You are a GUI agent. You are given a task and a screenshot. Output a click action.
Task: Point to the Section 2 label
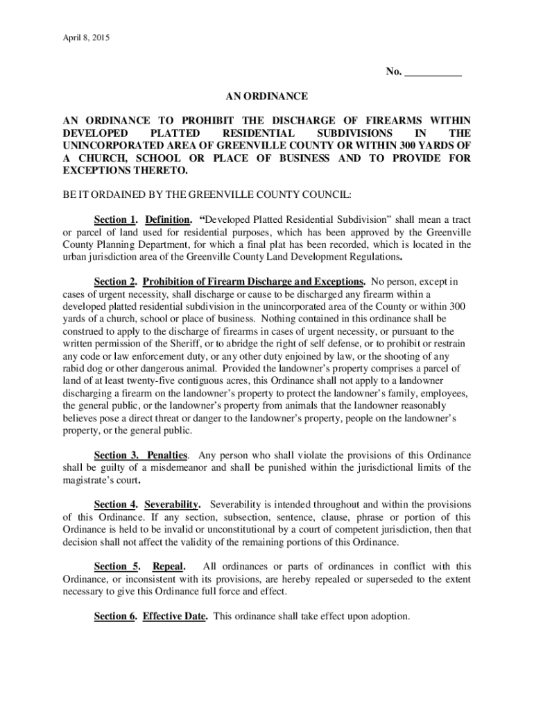[115, 282]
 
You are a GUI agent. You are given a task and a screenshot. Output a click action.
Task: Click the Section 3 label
[115, 455]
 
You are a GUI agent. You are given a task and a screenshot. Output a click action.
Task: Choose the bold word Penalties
[167, 455]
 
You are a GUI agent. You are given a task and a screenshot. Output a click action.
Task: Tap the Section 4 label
[115, 505]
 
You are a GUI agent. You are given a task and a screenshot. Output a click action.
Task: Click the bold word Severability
[173, 505]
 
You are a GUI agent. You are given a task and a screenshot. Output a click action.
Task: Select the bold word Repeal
[168, 567]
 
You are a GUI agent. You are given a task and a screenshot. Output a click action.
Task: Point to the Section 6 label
[115, 616]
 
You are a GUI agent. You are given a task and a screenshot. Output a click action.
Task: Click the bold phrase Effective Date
[175, 616]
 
